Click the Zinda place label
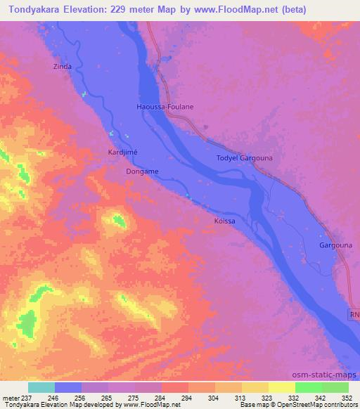[x=63, y=67]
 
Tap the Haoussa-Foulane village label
[x=165, y=107]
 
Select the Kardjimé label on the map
[x=123, y=152]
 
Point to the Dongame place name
[x=142, y=171]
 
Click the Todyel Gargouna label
[x=244, y=158]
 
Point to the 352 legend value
[x=346, y=397]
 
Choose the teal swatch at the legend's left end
[x=41, y=387]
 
